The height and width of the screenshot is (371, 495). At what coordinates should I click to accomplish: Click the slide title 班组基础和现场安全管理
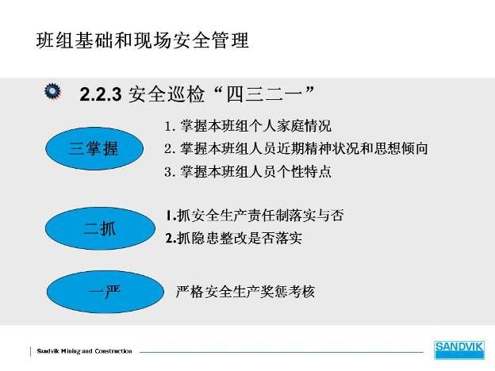[142, 40]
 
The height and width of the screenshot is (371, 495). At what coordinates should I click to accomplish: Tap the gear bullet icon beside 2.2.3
[52, 91]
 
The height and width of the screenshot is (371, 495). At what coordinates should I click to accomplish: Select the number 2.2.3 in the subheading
[101, 94]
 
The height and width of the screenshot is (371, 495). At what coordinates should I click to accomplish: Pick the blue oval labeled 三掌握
[94, 148]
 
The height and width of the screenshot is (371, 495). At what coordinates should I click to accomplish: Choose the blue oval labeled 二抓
[100, 228]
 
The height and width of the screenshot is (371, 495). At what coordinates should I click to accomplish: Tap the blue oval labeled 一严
[106, 292]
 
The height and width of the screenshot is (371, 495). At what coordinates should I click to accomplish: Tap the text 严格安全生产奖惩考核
[245, 292]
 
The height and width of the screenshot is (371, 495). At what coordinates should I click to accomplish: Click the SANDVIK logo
[459, 350]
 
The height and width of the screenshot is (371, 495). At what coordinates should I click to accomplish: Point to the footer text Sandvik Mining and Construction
[84, 351]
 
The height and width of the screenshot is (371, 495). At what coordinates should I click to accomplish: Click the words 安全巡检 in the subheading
[167, 94]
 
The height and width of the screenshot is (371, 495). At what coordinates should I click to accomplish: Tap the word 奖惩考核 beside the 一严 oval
[288, 292]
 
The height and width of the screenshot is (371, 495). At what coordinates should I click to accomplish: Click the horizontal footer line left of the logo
[282, 352]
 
